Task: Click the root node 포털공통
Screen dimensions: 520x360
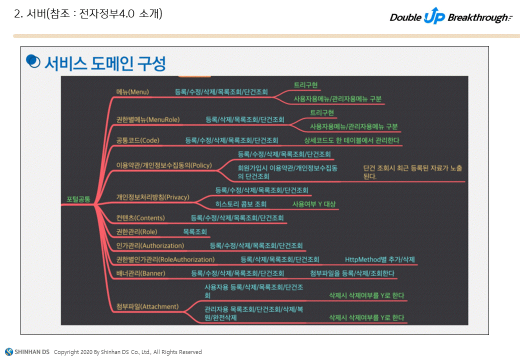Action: [x=78, y=199]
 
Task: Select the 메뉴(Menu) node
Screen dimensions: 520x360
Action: [x=132, y=92]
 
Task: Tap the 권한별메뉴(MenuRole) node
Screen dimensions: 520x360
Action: [x=147, y=119]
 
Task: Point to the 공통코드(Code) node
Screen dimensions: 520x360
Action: [x=137, y=140]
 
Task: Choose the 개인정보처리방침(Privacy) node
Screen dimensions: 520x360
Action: [x=152, y=197]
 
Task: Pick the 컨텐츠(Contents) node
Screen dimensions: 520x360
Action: [x=140, y=218]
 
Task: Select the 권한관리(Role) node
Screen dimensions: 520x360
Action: [x=136, y=232]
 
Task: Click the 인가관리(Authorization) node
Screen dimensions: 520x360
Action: [x=150, y=245]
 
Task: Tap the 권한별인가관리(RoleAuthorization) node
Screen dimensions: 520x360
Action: [x=165, y=259]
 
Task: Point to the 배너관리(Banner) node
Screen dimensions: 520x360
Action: [x=140, y=273]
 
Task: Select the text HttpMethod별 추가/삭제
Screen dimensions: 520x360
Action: [x=379, y=259]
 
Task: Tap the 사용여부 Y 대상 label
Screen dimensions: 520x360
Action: [x=314, y=204]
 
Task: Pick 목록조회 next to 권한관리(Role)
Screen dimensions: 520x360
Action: [x=195, y=232]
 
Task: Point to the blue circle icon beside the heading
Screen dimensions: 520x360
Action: [x=33, y=61]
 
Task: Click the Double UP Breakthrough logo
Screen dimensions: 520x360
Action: [x=450, y=17]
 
